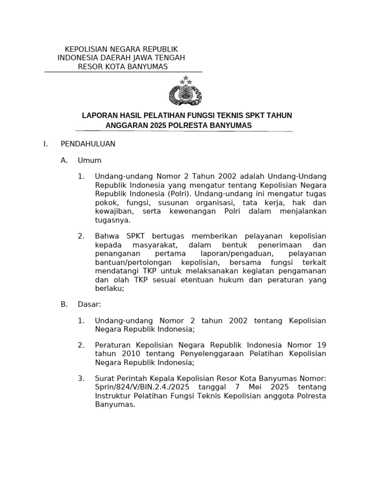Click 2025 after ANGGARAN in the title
point(158,125)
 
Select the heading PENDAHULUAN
point(88,143)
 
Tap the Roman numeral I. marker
point(45,143)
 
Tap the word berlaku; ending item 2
point(109,288)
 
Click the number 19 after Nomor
point(321,345)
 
